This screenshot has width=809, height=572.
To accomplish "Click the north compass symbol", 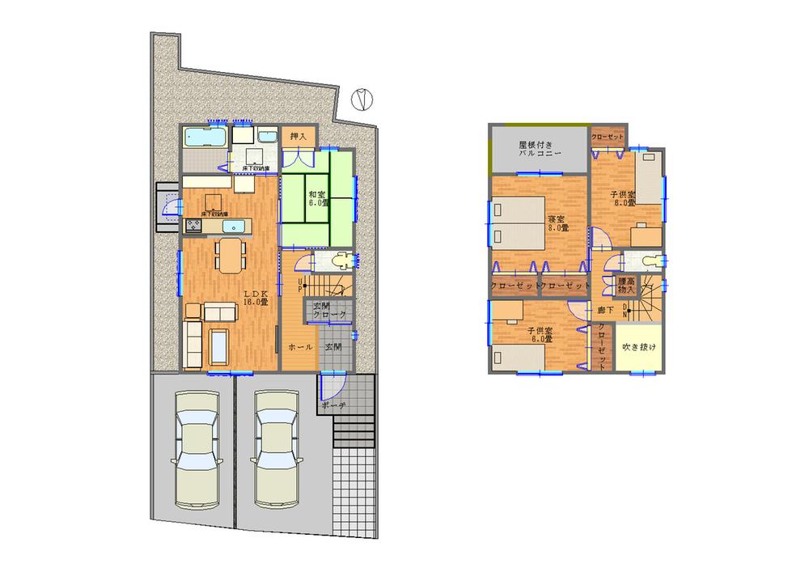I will [x=363, y=99].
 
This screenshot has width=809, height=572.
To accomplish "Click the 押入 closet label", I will [x=297, y=136].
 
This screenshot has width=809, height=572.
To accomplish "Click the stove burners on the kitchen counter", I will [x=194, y=225].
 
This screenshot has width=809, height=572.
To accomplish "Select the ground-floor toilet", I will [x=342, y=261].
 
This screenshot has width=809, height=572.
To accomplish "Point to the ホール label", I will [x=300, y=346].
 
